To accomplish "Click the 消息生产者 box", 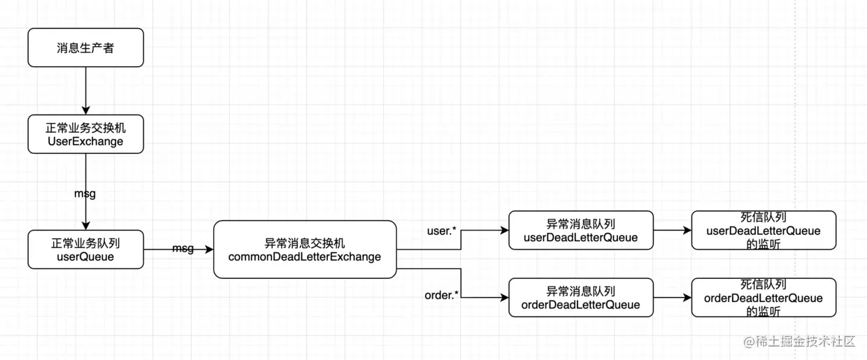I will [x=85, y=48].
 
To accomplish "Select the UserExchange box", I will [x=85, y=134].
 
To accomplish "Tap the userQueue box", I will [x=85, y=250].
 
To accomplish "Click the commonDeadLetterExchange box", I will [x=305, y=250].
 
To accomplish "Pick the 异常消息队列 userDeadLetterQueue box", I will [x=581, y=230].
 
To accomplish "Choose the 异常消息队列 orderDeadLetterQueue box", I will [x=581, y=298].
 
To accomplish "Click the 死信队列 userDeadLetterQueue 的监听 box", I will [x=764, y=230].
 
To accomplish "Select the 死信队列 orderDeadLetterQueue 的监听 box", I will [x=764, y=298].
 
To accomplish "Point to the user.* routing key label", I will [x=441, y=230].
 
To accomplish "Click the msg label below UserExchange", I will [x=85, y=194].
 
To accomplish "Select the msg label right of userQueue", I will [x=183, y=249].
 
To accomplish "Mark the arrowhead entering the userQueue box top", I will [x=85, y=225].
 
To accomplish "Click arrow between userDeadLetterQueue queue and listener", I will [x=672, y=230].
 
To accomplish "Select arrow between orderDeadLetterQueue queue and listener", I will [x=672, y=298].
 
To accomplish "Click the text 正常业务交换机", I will [x=85, y=128].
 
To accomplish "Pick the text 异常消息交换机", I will [x=305, y=243].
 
